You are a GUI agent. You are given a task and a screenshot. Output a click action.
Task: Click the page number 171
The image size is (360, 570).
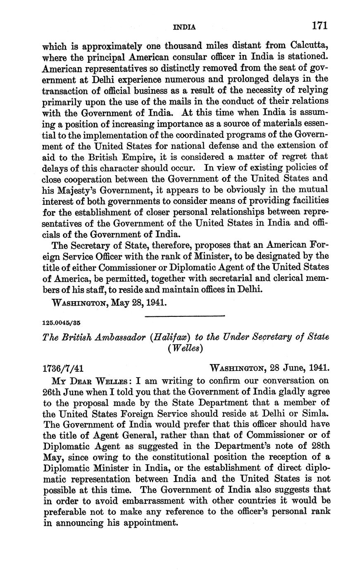(x=319, y=26)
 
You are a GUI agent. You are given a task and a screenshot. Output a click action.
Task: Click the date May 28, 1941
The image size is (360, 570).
(x=138, y=302)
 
